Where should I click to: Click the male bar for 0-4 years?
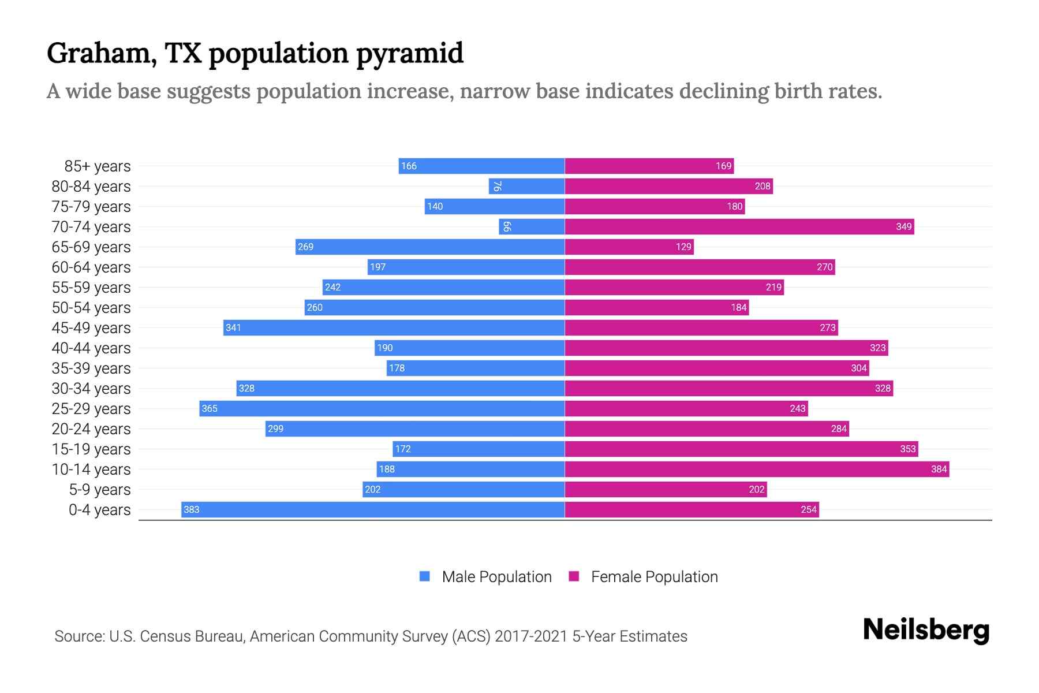pyautogui.click(x=373, y=509)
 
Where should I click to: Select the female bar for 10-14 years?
pyautogui.click(x=756, y=469)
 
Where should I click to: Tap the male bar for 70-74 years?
pyautogui.click(x=532, y=226)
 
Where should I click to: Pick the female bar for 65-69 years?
pyautogui.click(x=629, y=247)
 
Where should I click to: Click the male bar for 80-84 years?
pyautogui.click(x=526, y=186)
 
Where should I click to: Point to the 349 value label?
pyautogui.click(x=903, y=226)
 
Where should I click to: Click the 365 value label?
pyautogui.click(x=210, y=408)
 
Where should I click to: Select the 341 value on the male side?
pyautogui.click(x=233, y=327)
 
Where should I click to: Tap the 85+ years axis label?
pyautogui.click(x=97, y=166)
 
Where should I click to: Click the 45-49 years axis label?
pyautogui.click(x=91, y=328)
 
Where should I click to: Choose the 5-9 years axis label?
pyautogui.click(x=99, y=490)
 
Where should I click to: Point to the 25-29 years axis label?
pyautogui.click(x=91, y=409)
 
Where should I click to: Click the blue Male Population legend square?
pyautogui.click(x=425, y=576)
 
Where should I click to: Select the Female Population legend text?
pyautogui.click(x=654, y=576)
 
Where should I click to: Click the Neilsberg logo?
pyautogui.click(x=926, y=630)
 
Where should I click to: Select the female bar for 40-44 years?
pyautogui.click(x=726, y=348)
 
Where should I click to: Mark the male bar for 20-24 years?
pyautogui.click(x=415, y=429)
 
